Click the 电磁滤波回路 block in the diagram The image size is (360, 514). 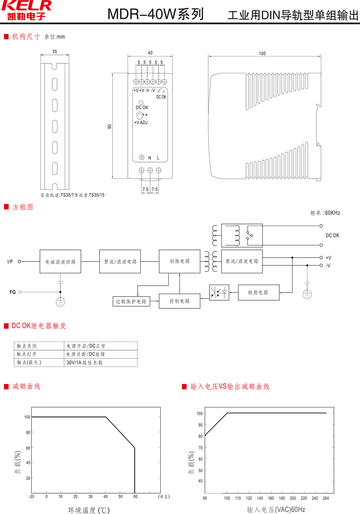(60, 262)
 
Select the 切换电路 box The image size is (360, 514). (179, 261)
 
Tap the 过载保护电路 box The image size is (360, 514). (131, 301)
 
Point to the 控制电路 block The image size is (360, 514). (179, 301)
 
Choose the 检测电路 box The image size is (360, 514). (258, 292)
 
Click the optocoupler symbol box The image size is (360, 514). (219, 292)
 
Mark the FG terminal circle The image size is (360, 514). (20, 292)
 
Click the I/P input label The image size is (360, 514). (10, 262)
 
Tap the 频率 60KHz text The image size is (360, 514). (325, 213)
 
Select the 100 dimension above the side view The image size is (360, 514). (262, 53)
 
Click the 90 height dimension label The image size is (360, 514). (109, 126)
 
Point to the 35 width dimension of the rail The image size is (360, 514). (55, 52)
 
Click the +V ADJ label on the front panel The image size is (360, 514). (141, 122)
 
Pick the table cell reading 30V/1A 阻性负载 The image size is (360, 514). (85, 363)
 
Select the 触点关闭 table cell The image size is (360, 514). (27, 346)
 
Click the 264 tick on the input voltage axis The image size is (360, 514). (326, 498)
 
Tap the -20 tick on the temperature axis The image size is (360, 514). (31, 497)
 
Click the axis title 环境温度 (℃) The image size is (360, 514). (89, 510)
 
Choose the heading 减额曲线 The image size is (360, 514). (26, 386)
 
